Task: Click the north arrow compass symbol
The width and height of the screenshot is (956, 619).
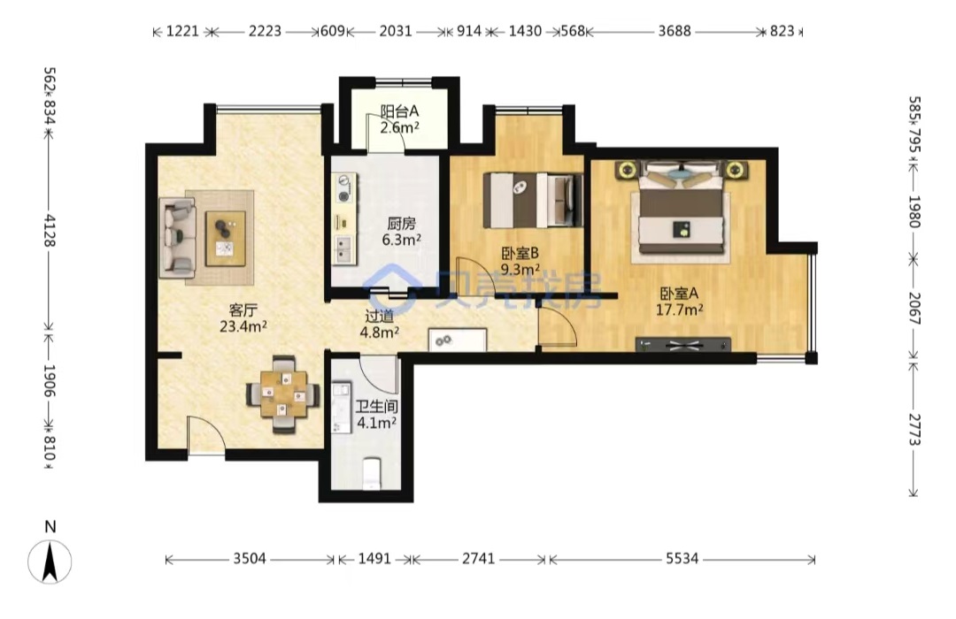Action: tap(50, 562)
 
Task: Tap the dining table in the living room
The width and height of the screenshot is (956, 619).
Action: tap(283, 394)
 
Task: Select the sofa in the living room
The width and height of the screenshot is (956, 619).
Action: tap(177, 237)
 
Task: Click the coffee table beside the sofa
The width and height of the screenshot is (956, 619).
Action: tap(226, 238)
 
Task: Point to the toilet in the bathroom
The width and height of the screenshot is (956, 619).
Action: tap(371, 474)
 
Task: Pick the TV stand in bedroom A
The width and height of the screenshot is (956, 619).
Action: tap(682, 345)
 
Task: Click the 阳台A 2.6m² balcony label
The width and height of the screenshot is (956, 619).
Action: tap(400, 119)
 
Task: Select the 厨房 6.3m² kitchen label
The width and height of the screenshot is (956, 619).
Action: tap(402, 232)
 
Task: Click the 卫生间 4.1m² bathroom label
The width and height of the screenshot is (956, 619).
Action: tap(377, 415)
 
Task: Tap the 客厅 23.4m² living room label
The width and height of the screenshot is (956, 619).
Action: tap(243, 318)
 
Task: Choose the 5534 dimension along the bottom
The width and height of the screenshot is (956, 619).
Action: tap(682, 559)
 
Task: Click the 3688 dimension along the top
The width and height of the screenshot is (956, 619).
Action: tap(675, 31)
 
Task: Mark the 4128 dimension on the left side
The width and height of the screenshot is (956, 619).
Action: tap(50, 230)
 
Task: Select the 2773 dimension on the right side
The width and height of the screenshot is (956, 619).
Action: tap(914, 430)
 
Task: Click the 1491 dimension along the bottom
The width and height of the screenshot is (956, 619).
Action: tap(374, 559)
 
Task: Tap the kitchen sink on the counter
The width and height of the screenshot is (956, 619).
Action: tap(344, 249)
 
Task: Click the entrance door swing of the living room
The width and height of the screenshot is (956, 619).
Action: tap(206, 434)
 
